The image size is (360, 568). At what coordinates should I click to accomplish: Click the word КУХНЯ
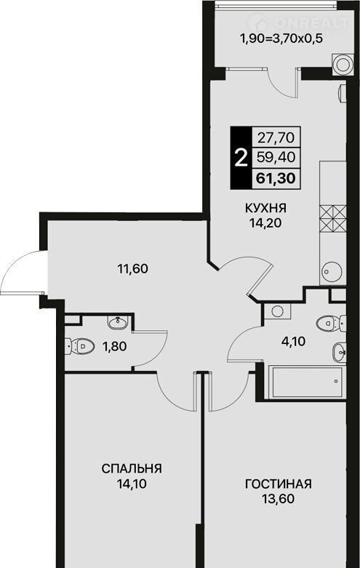266,208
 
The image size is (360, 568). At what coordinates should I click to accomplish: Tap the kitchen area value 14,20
265,223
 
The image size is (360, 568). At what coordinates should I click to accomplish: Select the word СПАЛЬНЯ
132,468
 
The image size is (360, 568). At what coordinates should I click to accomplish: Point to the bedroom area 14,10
132,484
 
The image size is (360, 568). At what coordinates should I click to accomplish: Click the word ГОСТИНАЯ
278,484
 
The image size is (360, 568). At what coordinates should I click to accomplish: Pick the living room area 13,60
278,499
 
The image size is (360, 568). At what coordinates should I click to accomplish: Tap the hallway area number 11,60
132,269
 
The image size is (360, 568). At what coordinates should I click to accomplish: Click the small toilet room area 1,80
114,347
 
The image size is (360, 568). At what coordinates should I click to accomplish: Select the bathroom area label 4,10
293,341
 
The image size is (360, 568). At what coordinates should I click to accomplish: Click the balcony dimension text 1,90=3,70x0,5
281,38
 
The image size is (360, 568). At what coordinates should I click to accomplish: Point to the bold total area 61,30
275,178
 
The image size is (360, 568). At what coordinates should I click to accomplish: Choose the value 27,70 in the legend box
276,137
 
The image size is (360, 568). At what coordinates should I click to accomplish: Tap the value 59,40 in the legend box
276,157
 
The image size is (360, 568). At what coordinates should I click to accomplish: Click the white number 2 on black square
241,159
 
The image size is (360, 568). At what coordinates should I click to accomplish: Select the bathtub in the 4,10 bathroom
305,381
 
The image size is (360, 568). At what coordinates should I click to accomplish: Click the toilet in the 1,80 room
80,346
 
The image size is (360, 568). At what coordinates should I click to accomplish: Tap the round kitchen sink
330,271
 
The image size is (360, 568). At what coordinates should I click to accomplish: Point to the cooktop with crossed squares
333,218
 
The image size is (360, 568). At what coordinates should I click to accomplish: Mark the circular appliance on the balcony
342,65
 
